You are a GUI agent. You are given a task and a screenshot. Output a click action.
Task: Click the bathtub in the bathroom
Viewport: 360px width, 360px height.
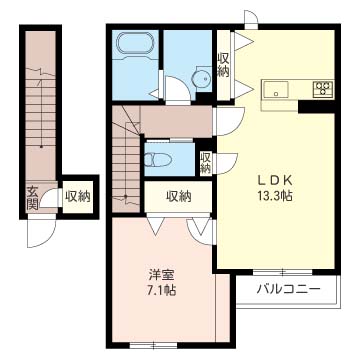coord(133,46)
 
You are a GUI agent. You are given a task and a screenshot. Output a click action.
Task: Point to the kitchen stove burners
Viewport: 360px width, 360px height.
coord(322,88)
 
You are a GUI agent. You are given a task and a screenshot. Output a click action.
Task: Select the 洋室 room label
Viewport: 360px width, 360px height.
coord(160,275)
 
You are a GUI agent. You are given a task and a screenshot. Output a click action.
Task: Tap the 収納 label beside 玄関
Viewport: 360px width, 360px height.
coord(77,196)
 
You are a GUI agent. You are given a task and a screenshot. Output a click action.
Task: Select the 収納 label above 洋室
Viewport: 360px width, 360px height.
coord(178,196)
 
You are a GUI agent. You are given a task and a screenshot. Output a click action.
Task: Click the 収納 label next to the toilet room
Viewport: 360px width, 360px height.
coord(205,162)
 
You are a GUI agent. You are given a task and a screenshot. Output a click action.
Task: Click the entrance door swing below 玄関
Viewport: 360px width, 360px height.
coord(38,232)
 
